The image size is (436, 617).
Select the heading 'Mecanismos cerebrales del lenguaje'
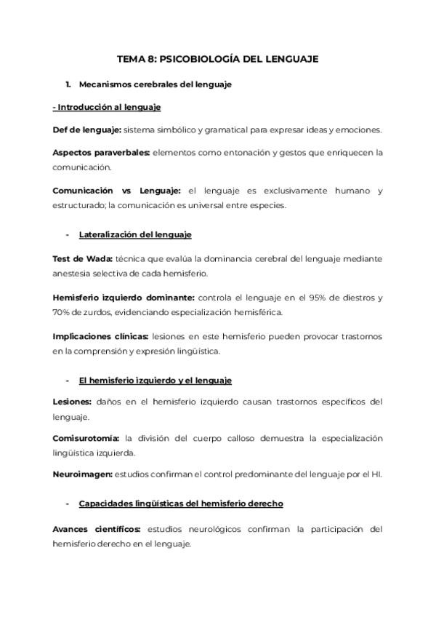(x=155, y=84)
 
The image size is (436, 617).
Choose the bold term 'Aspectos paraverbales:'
(x=101, y=152)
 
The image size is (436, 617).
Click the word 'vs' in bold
(x=126, y=191)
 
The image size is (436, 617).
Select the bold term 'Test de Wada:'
(x=82, y=258)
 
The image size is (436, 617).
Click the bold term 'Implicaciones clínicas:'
(x=100, y=336)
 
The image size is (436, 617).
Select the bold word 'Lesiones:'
(x=72, y=402)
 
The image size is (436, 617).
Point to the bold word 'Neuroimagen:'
(x=81, y=474)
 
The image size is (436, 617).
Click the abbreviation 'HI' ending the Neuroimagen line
(x=376, y=474)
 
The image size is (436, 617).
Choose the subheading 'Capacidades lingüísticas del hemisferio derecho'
(x=180, y=503)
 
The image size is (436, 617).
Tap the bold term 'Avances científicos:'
(x=97, y=529)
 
